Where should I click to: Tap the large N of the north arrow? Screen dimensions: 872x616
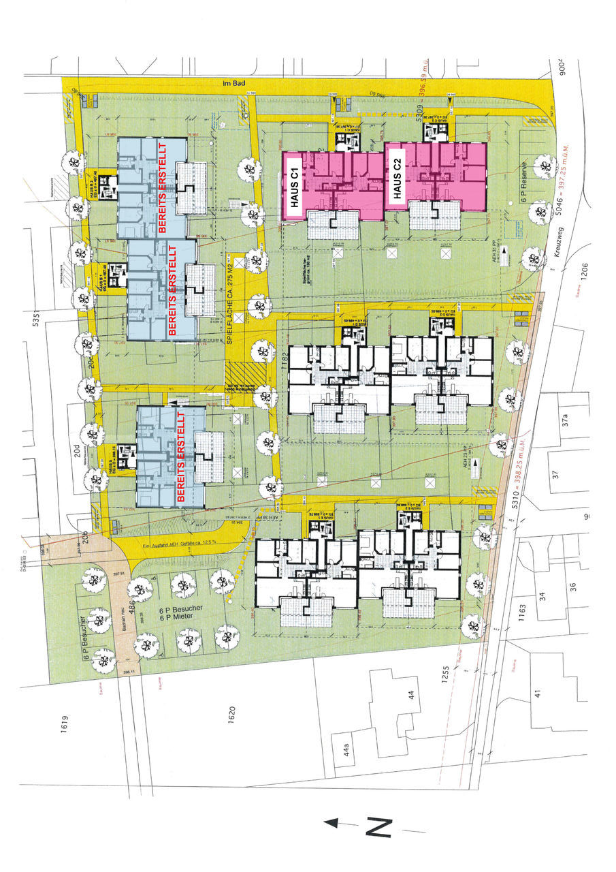[380, 826]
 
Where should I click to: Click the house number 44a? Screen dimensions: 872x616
[346, 751]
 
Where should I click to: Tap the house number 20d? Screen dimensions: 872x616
[76, 452]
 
